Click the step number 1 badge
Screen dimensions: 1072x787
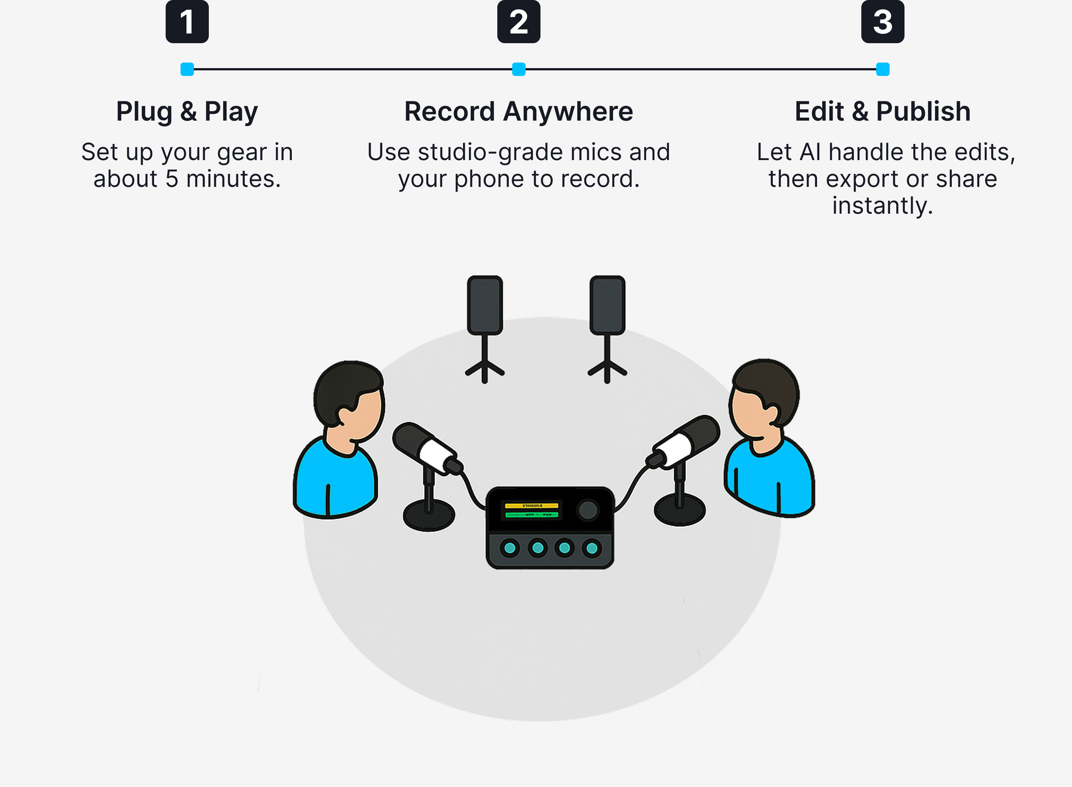pos(187,22)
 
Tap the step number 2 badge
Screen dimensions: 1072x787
pos(519,22)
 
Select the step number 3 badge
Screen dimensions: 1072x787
pos(883,22)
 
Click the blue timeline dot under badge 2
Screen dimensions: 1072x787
pos(519,69)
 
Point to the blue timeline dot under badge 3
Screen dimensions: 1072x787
pos(883,69)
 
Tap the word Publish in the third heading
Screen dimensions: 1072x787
pos(923,111)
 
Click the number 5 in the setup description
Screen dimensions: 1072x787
pos(172,179)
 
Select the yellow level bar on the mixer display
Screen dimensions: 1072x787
pos(531,506)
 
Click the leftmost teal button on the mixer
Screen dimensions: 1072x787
pos(510,548)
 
